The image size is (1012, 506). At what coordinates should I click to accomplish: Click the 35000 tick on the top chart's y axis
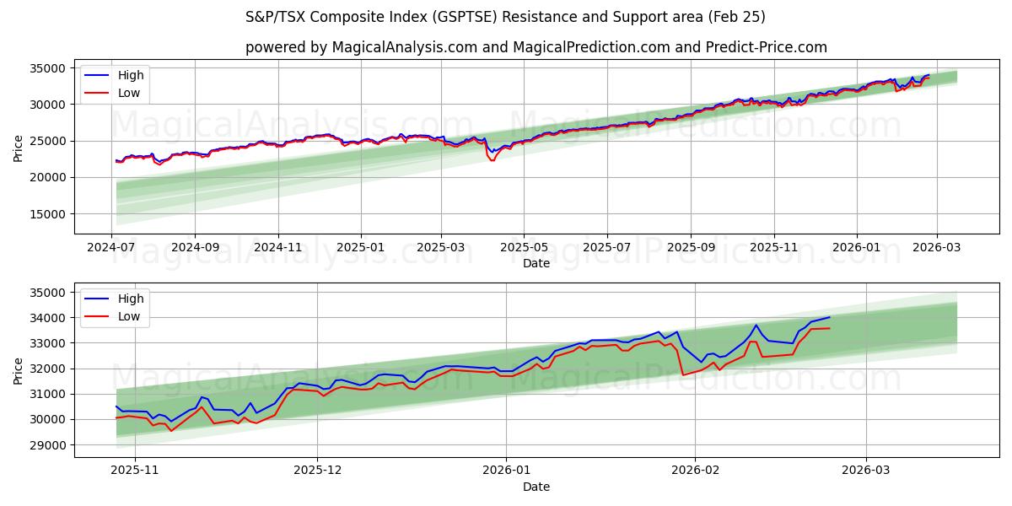click(x=49, y=68)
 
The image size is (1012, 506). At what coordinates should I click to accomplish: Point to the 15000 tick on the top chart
click(x=49, y=214)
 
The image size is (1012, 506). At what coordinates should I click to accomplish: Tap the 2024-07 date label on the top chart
click(x=112, y=247)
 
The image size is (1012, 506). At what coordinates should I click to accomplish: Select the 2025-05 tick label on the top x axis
click(x=524, y=247)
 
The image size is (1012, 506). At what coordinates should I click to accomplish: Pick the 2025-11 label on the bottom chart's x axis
click(x=135, y=471)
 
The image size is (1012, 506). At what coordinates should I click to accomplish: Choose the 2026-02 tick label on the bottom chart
click(x=697, y=471)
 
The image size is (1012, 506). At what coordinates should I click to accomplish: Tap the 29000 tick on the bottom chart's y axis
click(x=49, y=444)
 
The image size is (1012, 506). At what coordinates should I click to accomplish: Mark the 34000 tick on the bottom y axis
click(x=49, y=318)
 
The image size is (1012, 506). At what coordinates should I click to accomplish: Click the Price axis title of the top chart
click(x=19, y=148)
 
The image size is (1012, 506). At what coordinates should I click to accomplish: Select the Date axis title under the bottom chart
click(x=536, y=487)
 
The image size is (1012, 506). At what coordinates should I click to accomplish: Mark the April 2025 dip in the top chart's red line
click(x=492, y=160)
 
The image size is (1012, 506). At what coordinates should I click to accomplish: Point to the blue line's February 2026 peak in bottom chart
click(x=756, y=325)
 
